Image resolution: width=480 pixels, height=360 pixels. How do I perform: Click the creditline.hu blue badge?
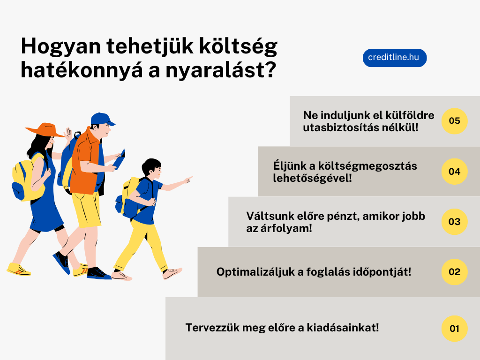click(395, 58)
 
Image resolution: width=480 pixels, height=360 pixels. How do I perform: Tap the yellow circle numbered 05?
click(454, 121)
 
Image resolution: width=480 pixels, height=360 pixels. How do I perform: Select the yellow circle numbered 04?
click(454, 172)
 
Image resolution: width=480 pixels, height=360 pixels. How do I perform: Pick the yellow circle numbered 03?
click(454, 222)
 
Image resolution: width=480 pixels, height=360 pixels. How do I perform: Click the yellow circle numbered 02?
click(454, 272)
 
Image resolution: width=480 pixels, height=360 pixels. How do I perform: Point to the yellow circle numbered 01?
click(454, 329)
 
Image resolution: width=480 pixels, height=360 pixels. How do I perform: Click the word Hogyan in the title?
click(61, 47)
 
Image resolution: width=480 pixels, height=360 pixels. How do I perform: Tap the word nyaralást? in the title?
click(221, 71)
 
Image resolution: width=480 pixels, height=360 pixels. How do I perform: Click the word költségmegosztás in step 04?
click(367, 165)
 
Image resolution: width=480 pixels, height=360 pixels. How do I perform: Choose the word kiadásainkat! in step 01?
click(343, 328)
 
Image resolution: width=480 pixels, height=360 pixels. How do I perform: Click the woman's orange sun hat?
click(45, 130)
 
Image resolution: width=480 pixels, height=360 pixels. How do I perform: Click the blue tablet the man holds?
click(120, 159)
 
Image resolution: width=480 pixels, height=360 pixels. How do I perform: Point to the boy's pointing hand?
click(187, 180)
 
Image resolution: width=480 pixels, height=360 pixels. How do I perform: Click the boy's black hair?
click(150, 165)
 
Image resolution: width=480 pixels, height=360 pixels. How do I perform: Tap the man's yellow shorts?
click(87, 210)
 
